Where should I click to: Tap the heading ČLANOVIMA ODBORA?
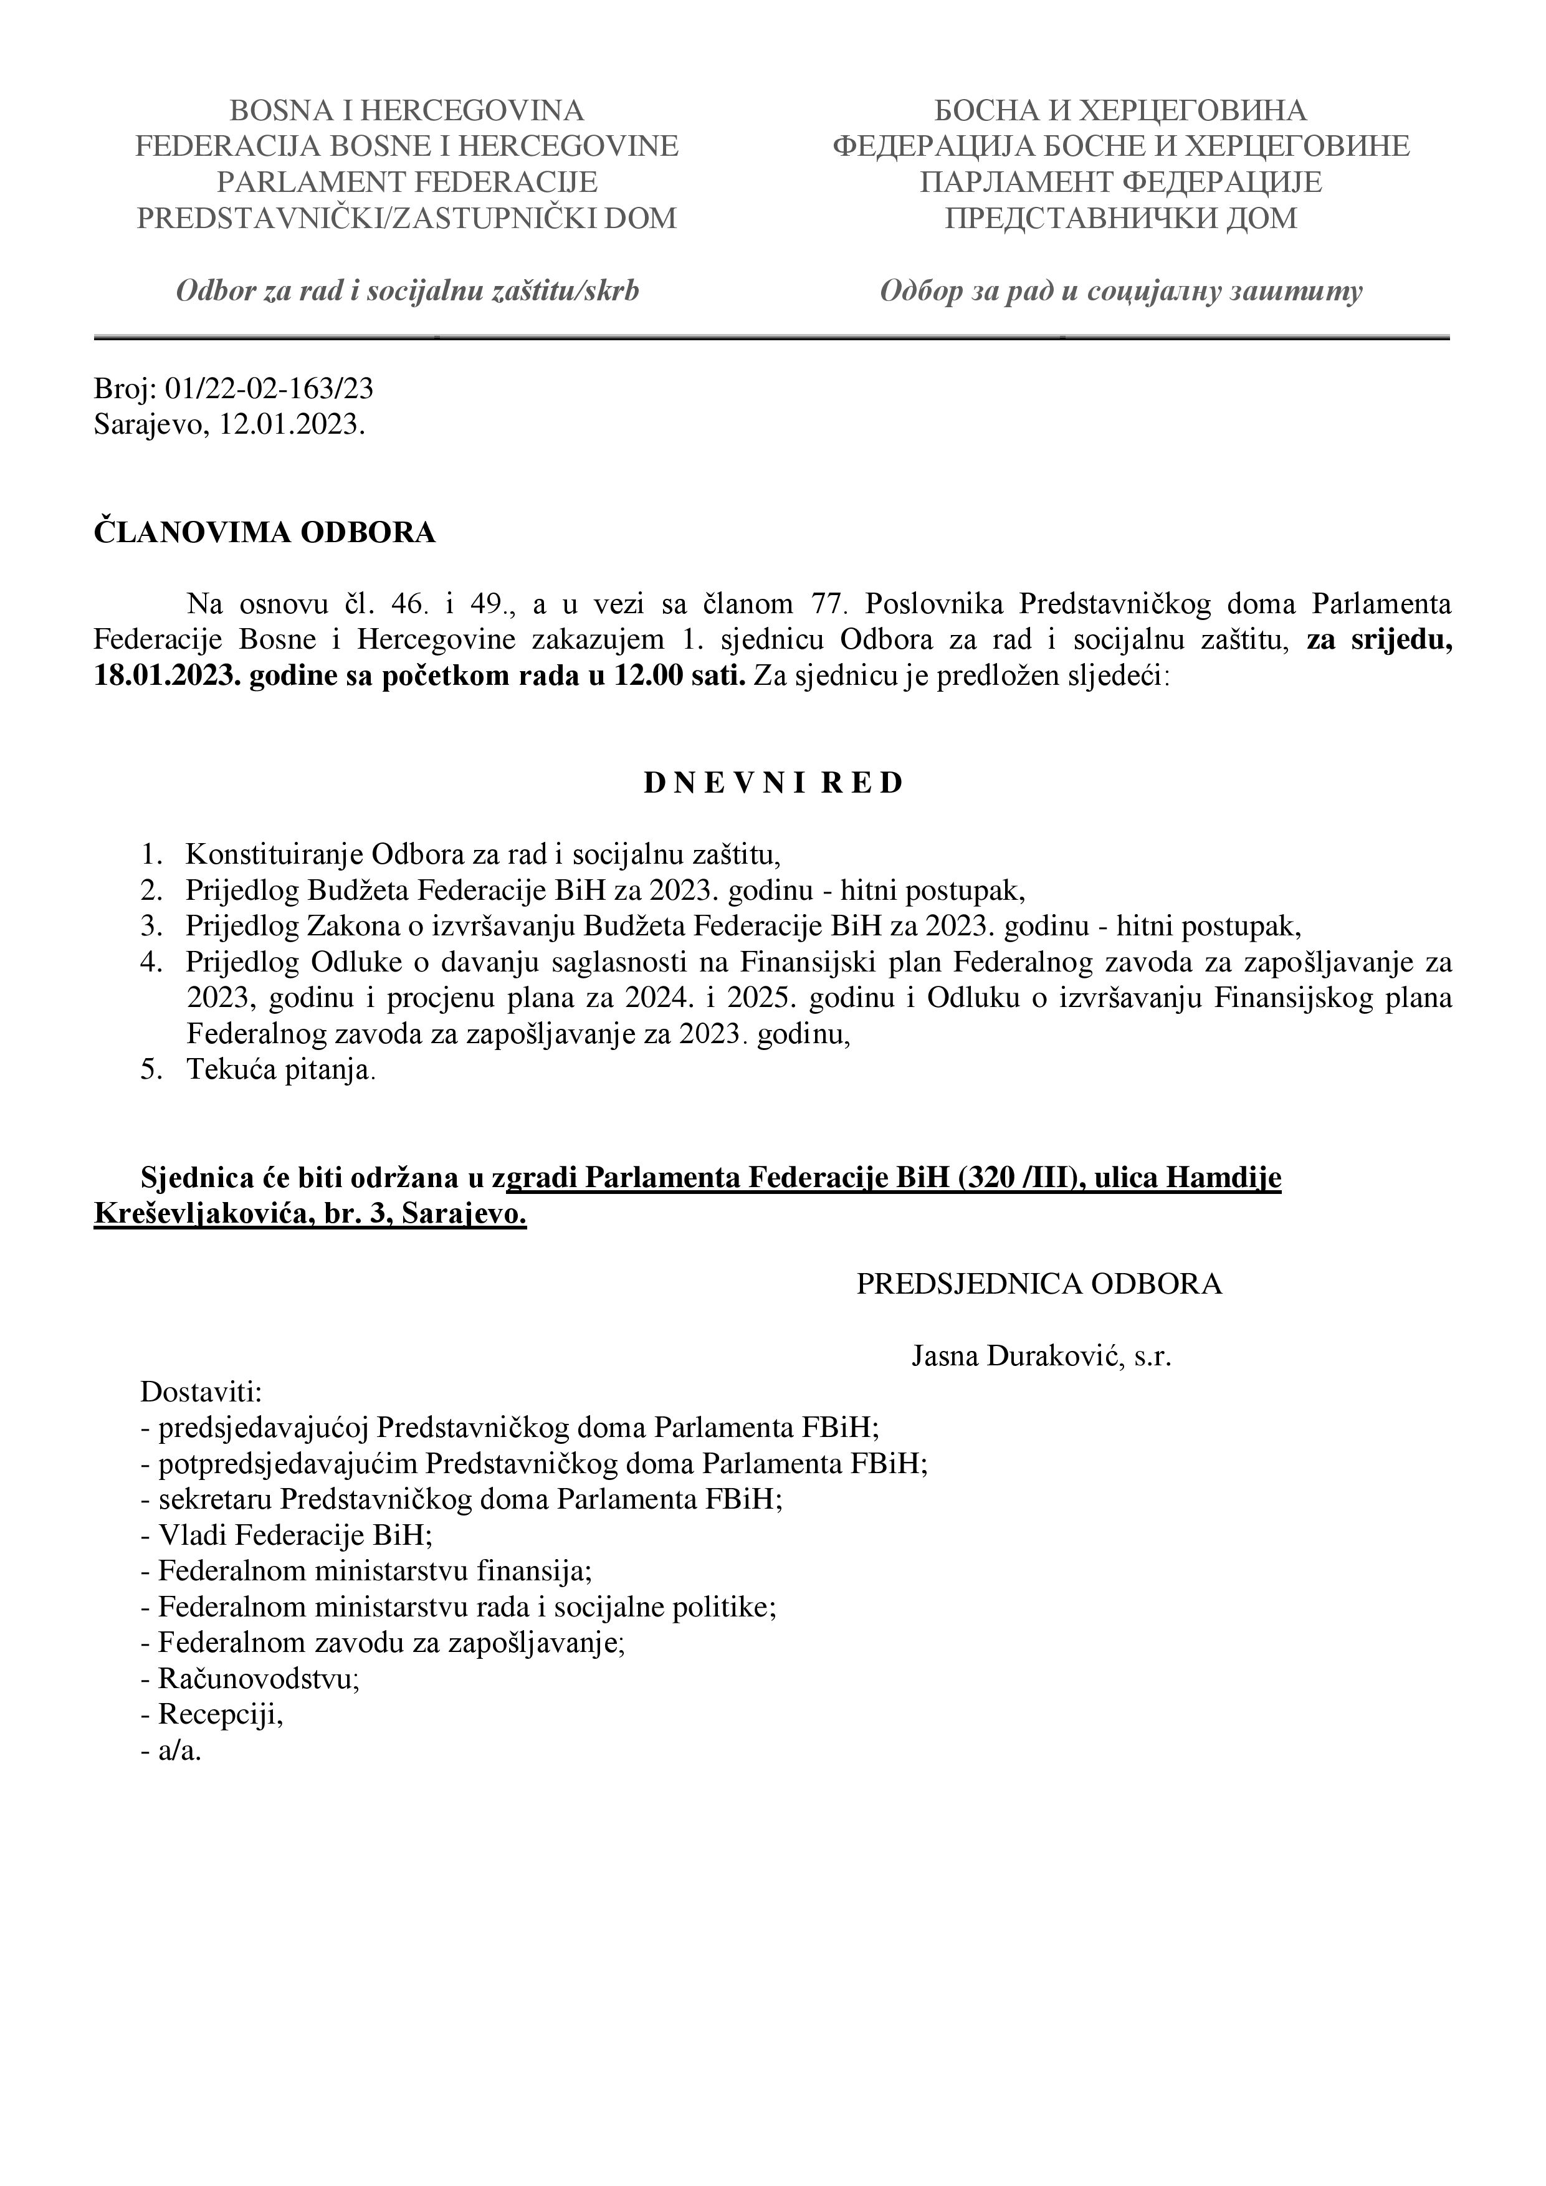(x=265, y=533)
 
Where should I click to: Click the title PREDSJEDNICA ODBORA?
(x=1039, y=1284)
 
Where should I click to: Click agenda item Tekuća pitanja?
(x=281, y=1070)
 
